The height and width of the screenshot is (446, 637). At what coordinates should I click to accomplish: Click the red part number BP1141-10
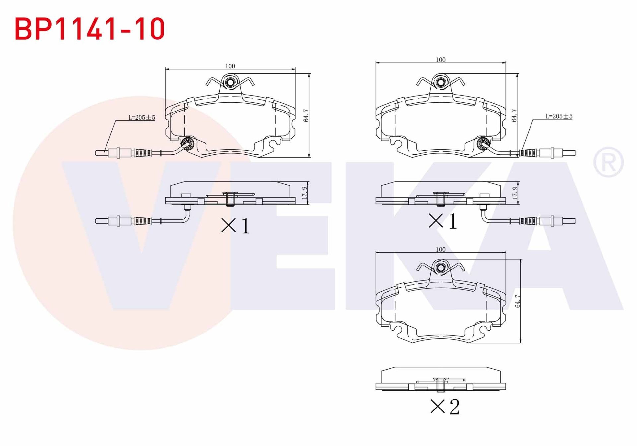90,29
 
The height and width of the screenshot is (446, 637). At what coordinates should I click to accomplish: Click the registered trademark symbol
608,162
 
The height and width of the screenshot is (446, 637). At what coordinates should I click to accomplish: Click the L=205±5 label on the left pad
142,117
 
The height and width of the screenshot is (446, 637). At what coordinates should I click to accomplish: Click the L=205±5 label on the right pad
559,116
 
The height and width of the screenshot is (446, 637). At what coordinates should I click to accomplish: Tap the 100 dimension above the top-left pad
230,66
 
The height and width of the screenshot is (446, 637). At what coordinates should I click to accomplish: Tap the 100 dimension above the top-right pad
440,60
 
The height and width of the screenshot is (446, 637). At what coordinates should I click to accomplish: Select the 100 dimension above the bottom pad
440,249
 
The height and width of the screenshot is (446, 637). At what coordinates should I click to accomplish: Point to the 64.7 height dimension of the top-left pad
306,115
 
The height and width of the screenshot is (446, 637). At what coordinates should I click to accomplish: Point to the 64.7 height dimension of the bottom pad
517,301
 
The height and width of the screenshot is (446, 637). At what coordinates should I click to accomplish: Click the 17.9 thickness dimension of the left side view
305,193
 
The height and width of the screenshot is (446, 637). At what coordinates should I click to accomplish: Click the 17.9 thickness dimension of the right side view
515,193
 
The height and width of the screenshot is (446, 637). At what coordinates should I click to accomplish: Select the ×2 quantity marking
445,407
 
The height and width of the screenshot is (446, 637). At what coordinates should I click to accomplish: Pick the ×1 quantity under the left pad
235,226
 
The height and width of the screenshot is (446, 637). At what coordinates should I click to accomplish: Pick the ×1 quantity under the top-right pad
443,221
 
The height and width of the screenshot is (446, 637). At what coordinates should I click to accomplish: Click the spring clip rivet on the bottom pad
441,268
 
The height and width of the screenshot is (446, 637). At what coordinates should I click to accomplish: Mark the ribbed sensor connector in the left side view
143,221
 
